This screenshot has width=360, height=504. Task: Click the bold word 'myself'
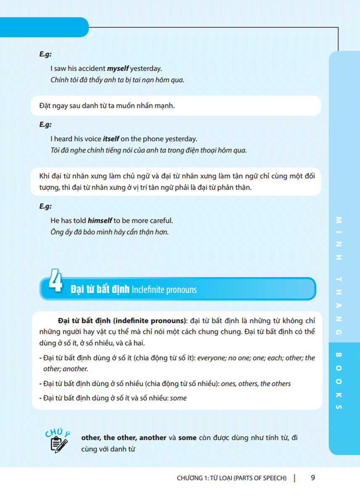click(x=118, y=68)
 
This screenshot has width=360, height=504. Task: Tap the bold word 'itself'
click(x=111, y=139)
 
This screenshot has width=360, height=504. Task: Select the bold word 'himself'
click(x=100, y=220)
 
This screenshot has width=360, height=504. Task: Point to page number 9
click(x=313, y=478)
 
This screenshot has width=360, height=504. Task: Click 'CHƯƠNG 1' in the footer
click(x=193, y=478)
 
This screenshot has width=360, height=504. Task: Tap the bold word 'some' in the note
click(x=187, y=437)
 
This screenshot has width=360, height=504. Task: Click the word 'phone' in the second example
click(x=153, y=139)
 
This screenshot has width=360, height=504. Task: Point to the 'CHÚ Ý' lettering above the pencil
click(x=57, y=431)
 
